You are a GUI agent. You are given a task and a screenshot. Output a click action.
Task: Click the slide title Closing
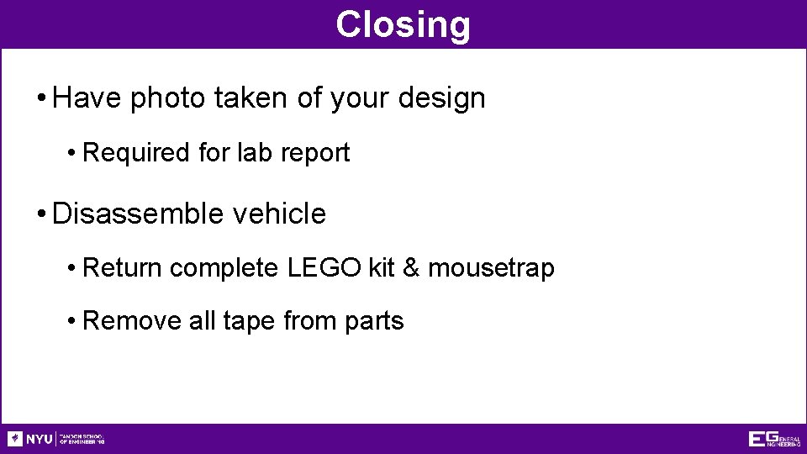coord(403,24)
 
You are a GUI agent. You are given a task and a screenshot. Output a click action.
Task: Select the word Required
coord(137,153)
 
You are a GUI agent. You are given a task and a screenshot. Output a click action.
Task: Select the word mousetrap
coord(491,268)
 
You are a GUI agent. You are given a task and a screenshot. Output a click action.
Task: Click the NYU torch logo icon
coord(15,439)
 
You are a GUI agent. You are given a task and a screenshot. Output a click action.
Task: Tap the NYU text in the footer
coord(39,439)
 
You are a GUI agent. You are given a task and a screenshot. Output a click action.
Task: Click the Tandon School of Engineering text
coord(82,439)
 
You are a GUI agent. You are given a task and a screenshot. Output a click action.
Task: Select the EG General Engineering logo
coord(774,439)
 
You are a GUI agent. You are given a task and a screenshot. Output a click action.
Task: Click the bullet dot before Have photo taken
coord(41,99)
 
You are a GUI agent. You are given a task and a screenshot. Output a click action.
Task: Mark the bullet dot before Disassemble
coord(41,214)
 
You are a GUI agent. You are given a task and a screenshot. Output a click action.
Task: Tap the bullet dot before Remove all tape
coord(73,321)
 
